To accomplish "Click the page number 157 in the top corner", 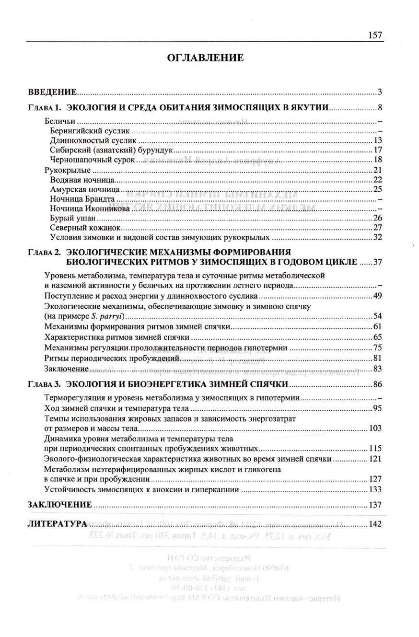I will click(375, 35).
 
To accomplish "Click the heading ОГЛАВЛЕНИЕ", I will click(205, 58).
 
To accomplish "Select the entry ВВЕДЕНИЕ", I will click(52, 92).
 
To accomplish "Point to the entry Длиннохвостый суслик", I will click(93, 140).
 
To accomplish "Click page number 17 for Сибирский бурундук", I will click(377, 150).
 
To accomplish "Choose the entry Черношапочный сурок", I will click(92, 160).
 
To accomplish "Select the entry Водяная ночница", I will click(82, 180).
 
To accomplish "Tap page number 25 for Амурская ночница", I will click(377, 189).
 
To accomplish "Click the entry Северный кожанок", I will click(85, 228).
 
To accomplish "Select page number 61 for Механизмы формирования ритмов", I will click(377, 327).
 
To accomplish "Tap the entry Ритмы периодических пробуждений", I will click(112, 358).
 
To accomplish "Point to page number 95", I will click(377, 408).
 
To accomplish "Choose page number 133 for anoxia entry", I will click(375, 489).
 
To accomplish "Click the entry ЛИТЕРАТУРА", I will click(57, 524).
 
